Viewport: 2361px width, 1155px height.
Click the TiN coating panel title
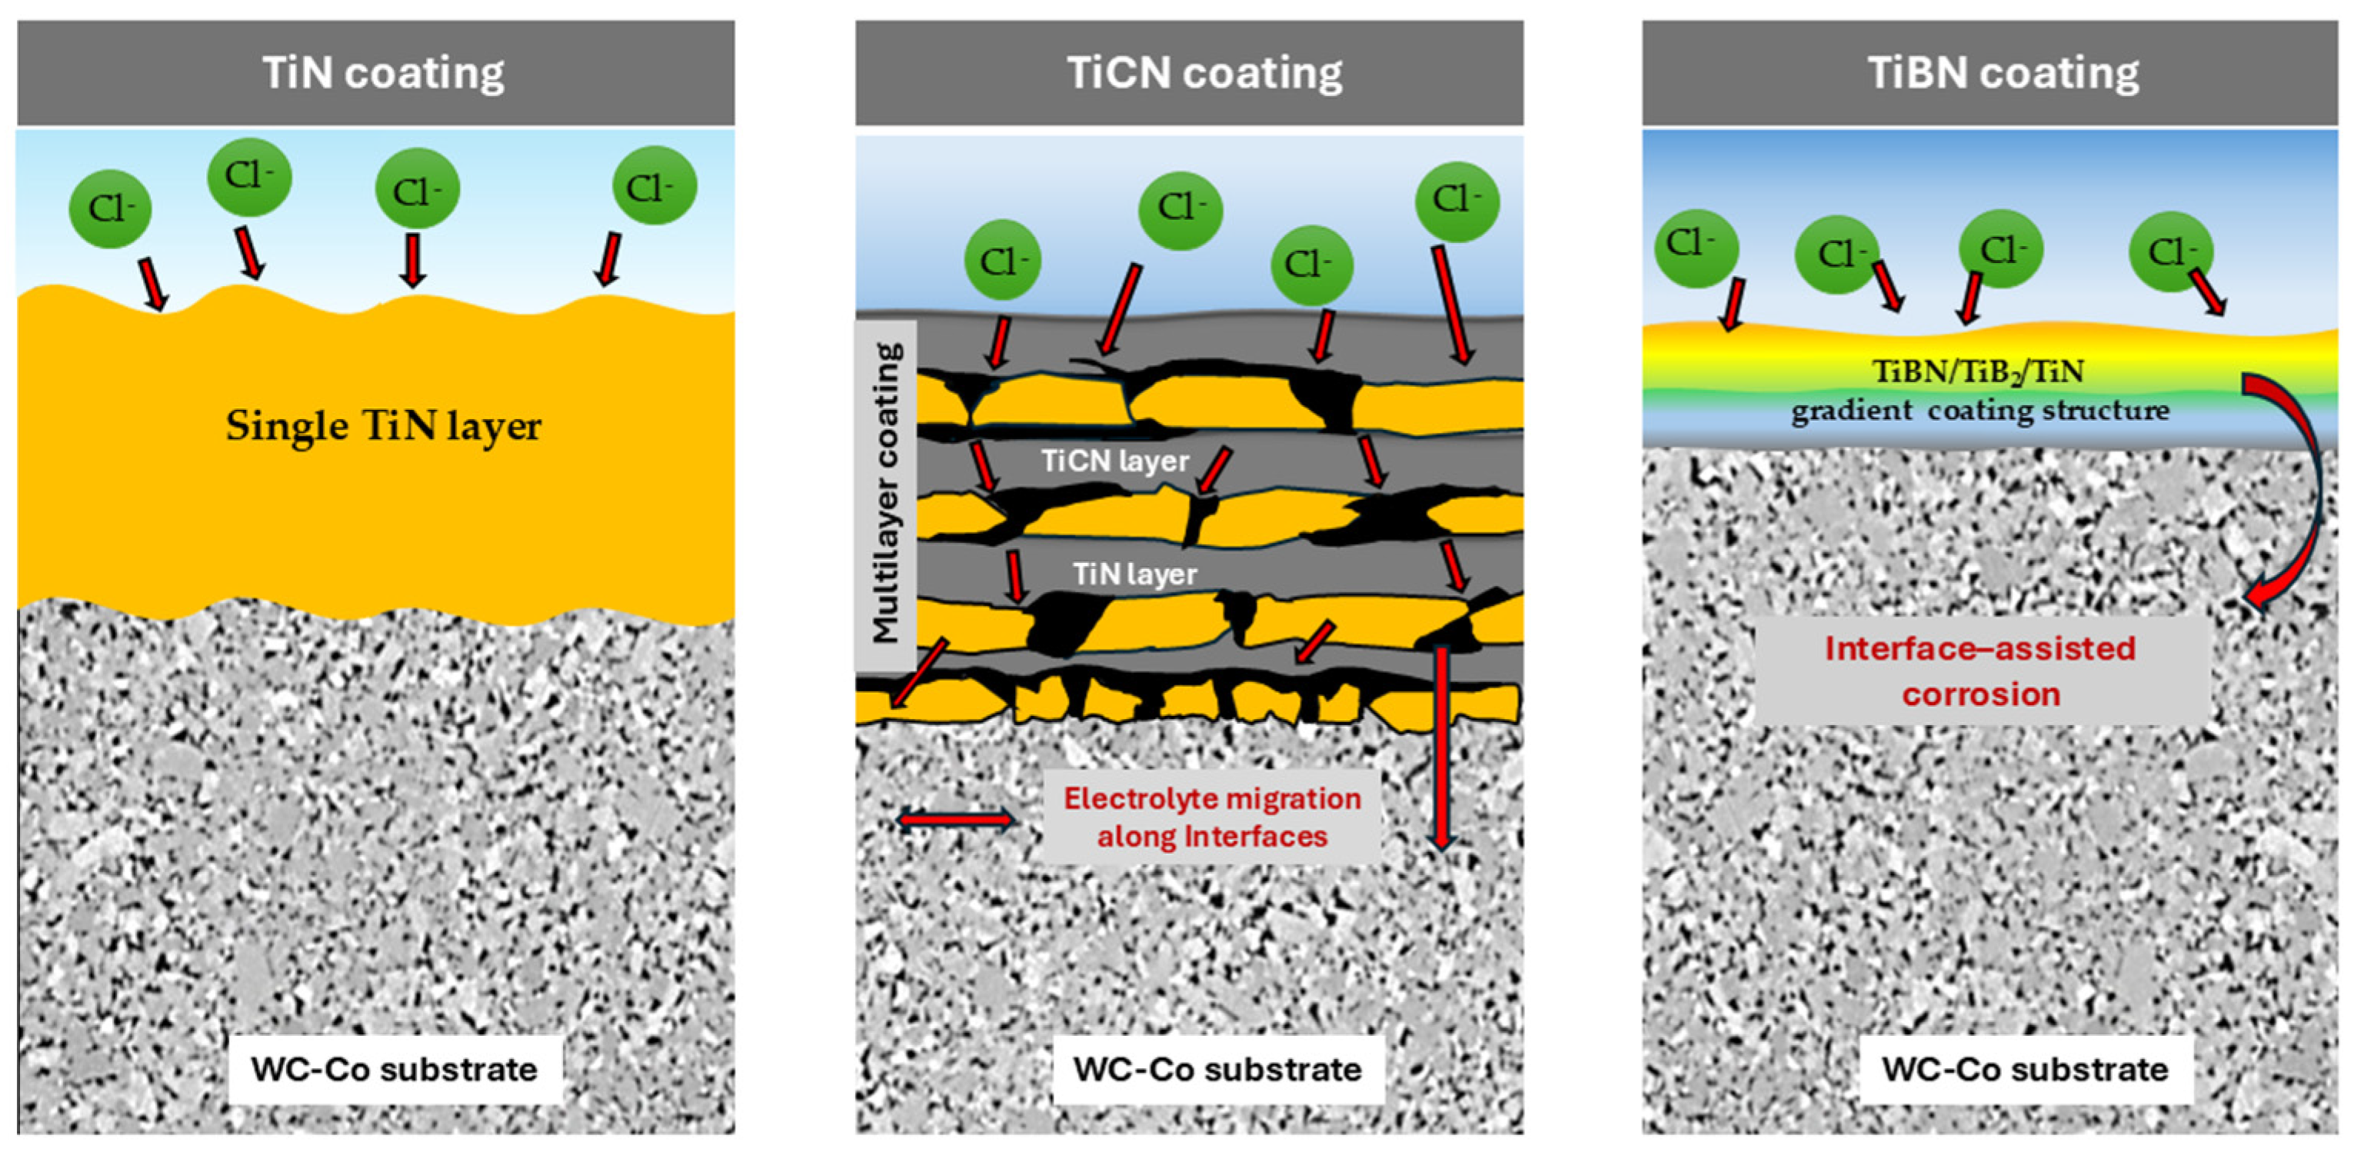(383, 73)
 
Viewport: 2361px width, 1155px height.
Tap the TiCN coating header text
(1204, 73)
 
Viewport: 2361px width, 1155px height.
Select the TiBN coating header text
(2003, 73)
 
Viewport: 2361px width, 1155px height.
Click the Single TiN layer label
(383, 426)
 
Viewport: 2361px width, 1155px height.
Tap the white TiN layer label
(1134, 574)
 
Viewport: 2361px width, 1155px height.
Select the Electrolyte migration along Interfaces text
(1212, 817)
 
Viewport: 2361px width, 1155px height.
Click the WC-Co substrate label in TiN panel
(394, 1069)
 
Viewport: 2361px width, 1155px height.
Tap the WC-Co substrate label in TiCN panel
(1217, 1069)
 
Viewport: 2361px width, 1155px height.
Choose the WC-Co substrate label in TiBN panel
(2025, 1069)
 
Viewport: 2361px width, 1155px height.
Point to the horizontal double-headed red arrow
(956, 819)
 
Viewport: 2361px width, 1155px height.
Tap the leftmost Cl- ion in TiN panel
(110, 209)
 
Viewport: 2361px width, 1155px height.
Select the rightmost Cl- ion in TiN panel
(654, 186)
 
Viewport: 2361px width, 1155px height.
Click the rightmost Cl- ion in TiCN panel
(1457, 201)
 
